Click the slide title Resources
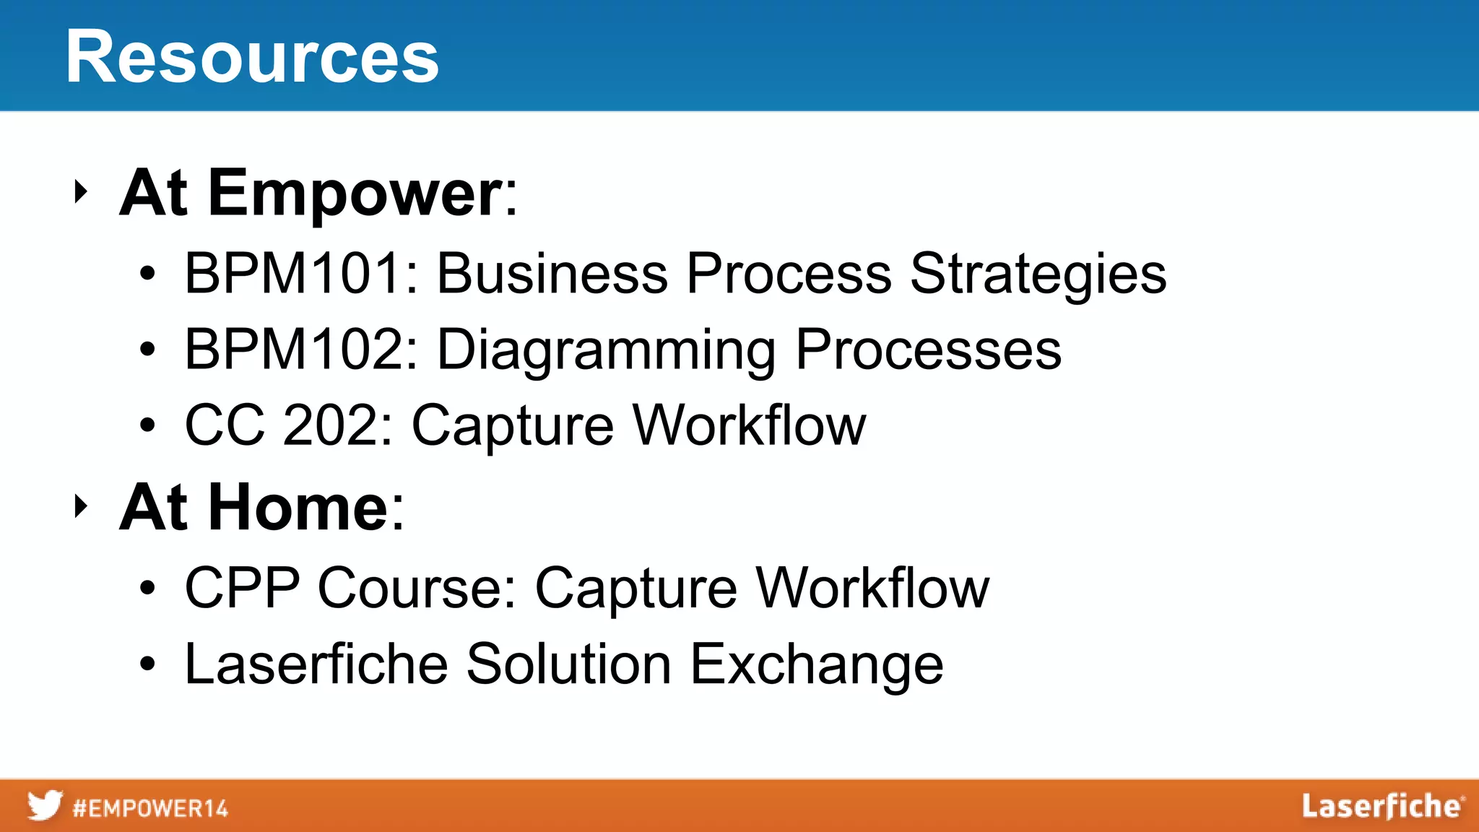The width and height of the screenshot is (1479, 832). (x=252, y=57)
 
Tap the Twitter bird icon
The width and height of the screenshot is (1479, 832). (x=45, y=805)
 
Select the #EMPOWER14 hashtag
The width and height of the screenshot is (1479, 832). (x=150, y=808)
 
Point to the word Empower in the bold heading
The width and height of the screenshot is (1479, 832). (x=355, y=194)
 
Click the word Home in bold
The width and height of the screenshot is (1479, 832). (x=299, y=508)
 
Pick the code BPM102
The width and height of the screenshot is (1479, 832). (x=293, y=350)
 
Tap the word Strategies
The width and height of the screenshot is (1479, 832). (x=1038, y=274)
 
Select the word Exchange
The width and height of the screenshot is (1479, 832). (x=817, y=664)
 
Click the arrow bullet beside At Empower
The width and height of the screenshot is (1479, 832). (x=80, y=192)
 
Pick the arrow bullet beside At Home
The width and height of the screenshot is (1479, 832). (x=80, y=506)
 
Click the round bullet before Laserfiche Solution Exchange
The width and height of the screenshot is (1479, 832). (x=147, y=664)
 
